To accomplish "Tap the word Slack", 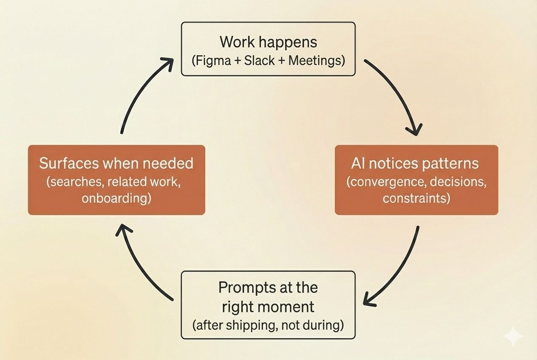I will click(x=260, y=61).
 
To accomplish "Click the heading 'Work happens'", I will click(x=268, y=42).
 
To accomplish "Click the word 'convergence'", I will click(x=385, y=182).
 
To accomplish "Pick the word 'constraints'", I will click(x=416, y=198).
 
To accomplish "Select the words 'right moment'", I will click(x=268, y=307).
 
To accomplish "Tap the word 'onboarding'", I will click(x=116, y=198).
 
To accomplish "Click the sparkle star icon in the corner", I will click(x=513, y=337).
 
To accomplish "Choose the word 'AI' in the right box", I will click(x=357, y=163).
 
